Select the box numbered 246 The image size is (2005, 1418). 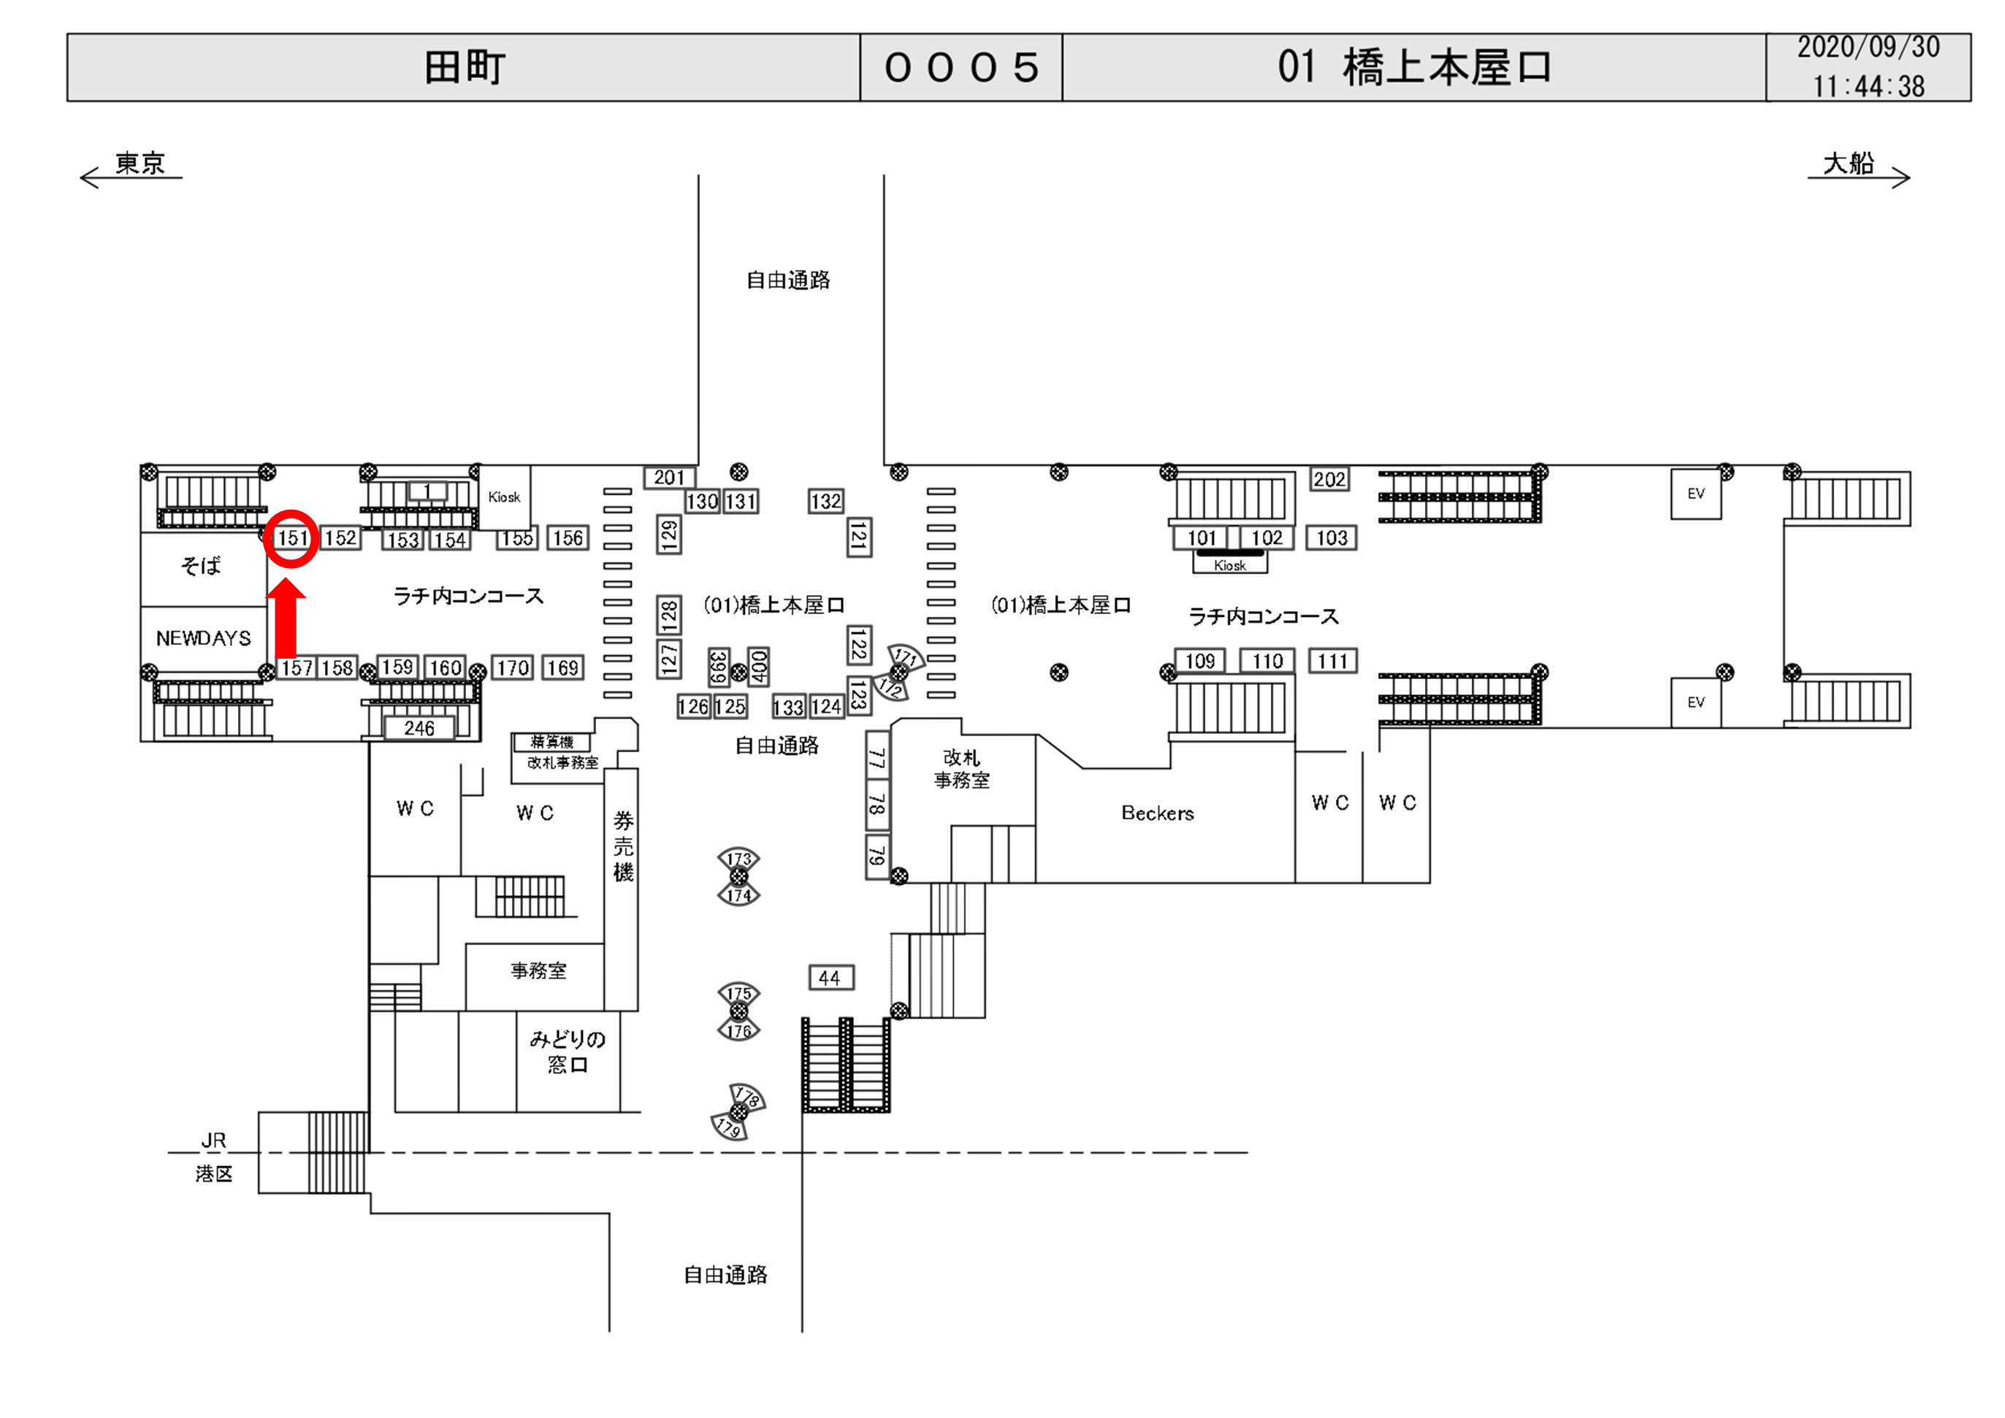point(419,728)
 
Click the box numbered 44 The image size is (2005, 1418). point(830,978)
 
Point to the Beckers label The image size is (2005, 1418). point(1157,813)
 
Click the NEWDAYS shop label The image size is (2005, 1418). point(204,638)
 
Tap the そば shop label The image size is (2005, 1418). point(201,565)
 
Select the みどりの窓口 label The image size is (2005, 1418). point(568,1051)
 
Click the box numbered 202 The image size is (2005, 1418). point(1329,480)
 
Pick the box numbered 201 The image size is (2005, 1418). point(669,478)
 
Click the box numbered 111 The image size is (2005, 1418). point(1332,661)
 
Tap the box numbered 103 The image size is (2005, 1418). point(1332,538)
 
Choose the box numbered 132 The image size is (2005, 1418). point(825,501)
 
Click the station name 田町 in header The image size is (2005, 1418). point(465,67)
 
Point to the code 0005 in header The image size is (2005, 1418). point(961,67)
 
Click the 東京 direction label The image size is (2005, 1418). point(140,164)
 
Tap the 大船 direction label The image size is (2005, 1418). point(1849,164)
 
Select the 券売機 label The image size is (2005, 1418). point(622,846)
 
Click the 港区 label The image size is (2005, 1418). point(214,1173)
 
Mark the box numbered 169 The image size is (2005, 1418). point(563,668)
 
